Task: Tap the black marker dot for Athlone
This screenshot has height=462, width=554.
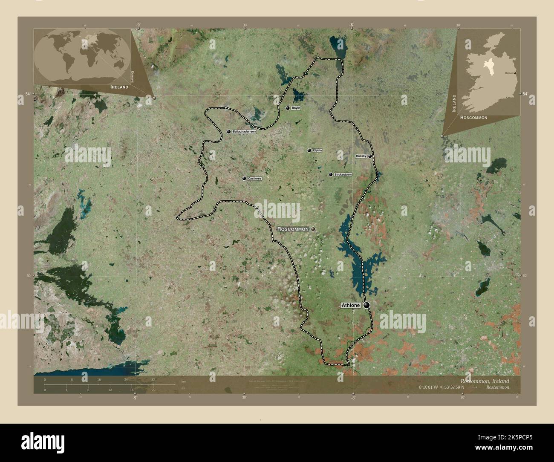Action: pyautogui.click(x=366, y=305)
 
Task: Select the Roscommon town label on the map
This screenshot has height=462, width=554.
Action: pyautogui.click(x=293, y=229)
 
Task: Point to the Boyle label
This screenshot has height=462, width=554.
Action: pyautogui.click(x=296, y=108)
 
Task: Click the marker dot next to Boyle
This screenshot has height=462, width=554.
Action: pyautogui.click(x=288, y=108)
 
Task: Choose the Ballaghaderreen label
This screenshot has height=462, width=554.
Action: pyautogui.click(x=244, y=132)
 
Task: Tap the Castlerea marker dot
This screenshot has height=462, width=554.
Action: pyautogui.click(x=244, y=179)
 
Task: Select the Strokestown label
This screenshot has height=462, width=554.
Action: pyautogui.click(x=343, y=175)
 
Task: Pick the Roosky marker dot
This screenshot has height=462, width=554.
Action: pyautogui.click(x=370, y=156)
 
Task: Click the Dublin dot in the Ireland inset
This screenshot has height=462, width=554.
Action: pyautogui.click(x=515, y=73)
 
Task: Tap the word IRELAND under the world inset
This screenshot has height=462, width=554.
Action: pyautogui.click(x=119, y=87)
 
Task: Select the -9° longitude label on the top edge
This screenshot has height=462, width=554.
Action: pyautogui.click(x=138, y=25)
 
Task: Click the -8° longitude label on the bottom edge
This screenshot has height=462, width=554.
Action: pyautogui.click(x=352, y=398)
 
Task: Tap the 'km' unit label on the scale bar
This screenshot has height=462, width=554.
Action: pyautogui.click(x=184, y=381)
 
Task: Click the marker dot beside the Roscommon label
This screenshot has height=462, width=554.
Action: pyautogui.click(x=313, y=229)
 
